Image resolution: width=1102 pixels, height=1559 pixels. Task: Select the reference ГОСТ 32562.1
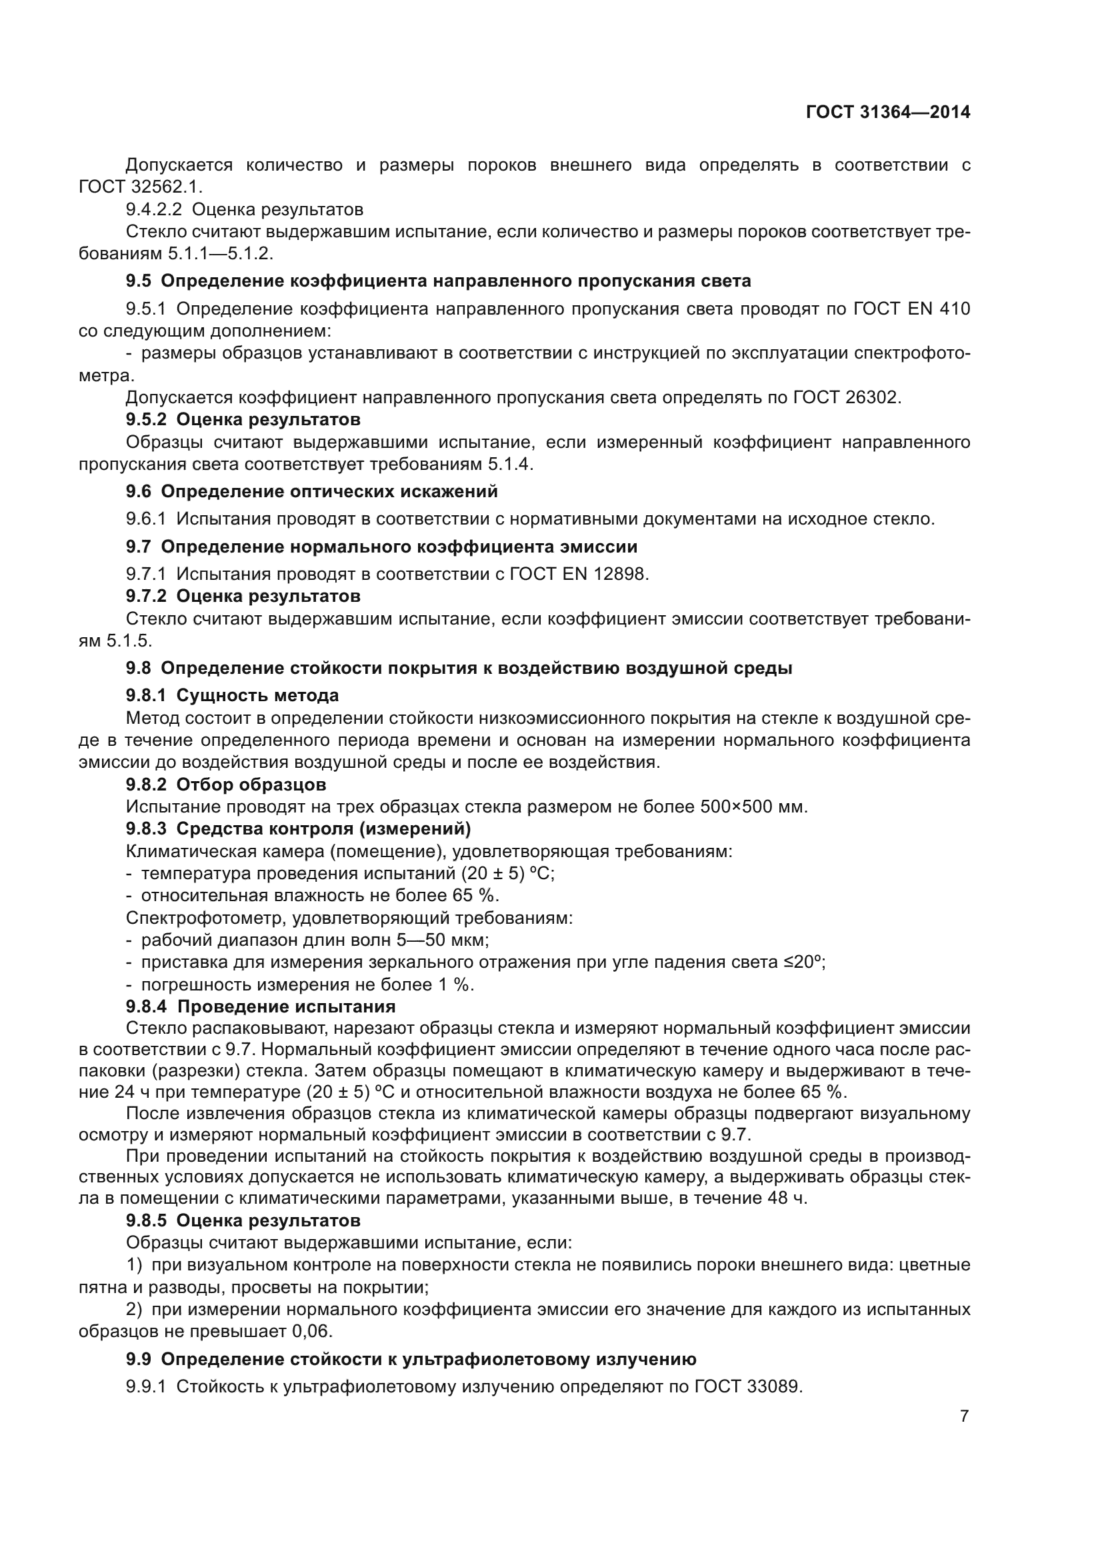(140, 187)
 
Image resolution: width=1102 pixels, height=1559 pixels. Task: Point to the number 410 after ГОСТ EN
(954, 310)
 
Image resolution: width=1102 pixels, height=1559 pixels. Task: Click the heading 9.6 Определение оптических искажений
(311, 491)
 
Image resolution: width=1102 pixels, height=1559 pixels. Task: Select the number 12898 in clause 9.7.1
(620, 575)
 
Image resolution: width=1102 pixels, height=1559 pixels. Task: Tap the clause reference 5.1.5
(129, 641)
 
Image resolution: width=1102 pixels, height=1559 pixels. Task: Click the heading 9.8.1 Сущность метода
(232, 695)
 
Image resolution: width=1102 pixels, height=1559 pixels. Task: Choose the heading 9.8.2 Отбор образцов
(225, 785)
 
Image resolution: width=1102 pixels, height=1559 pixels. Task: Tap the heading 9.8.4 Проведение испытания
(261, 1006)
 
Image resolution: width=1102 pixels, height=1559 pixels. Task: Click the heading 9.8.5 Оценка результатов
(243, 1221)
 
